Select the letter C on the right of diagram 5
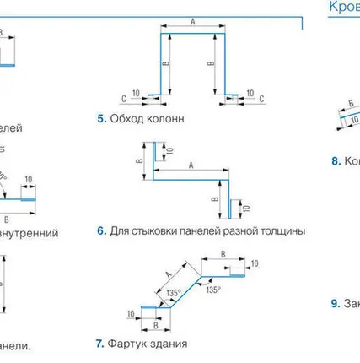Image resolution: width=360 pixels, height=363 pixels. [x=262, y=98]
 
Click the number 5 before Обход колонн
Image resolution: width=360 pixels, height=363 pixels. [x=101, y=119]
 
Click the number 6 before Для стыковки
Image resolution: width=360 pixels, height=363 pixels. [x=101, y=230]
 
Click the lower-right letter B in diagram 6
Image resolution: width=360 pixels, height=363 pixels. [x=215, y=201]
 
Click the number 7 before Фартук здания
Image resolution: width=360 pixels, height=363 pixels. [x=100, y=344]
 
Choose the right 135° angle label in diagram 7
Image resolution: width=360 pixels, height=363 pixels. [x=214, y=289]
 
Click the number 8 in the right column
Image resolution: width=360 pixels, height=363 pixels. [x=335, y=159]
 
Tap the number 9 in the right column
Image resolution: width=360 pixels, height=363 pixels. [x=335, y=302]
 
